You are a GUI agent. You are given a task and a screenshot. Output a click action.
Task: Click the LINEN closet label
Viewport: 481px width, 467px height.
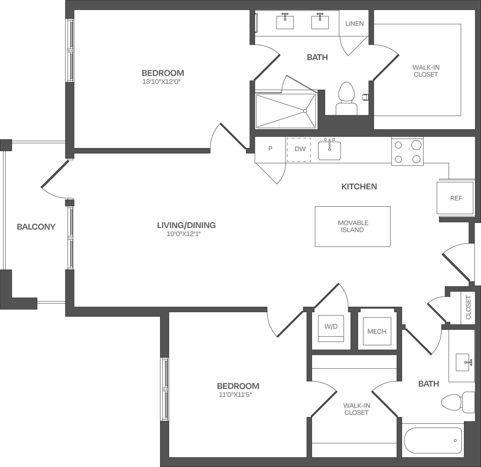click(354, 24)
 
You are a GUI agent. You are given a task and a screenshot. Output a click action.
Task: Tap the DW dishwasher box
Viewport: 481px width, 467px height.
click(299, 149)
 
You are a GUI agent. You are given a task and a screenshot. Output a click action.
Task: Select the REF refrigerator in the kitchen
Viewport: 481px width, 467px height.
click(455, 198)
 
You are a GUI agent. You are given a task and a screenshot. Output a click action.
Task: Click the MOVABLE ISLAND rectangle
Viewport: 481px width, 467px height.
click(352, 227)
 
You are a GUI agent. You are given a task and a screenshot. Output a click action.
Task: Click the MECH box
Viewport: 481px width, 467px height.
click(377, 331)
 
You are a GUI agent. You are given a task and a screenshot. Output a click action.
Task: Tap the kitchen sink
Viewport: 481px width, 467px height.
click(330, 150)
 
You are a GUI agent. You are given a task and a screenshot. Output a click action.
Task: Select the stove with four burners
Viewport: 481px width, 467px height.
click(407, 151)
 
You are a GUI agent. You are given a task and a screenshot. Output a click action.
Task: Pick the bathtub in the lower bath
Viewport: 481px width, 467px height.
click(433, 441)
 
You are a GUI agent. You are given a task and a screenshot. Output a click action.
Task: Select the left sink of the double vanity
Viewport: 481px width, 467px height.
click(285, 21)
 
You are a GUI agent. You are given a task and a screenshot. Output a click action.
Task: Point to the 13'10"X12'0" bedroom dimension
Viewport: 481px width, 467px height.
click(163, 82)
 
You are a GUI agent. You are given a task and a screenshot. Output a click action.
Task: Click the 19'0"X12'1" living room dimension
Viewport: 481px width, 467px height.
click(186, 234)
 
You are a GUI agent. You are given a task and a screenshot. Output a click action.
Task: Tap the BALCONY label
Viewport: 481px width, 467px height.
click(36, 227)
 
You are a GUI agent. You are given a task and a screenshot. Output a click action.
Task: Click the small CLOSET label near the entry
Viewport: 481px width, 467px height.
click(468, 308)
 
